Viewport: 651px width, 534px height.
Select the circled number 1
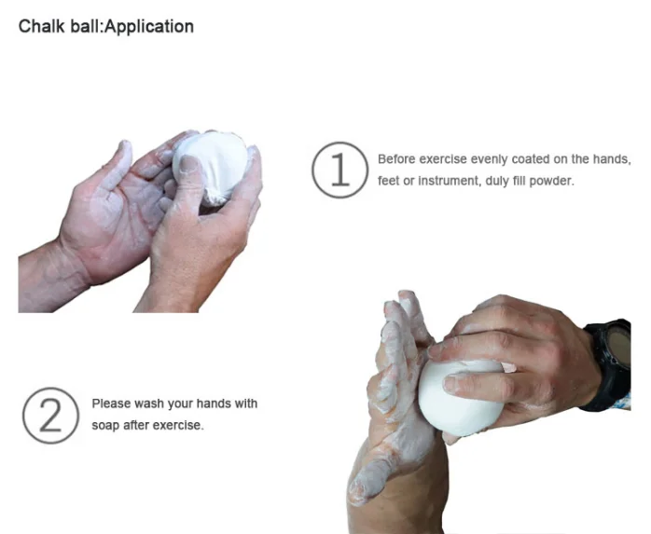click(x=340, y=170)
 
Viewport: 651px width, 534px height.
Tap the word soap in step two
click(x=105, y=426)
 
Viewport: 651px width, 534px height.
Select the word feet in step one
click(x=388, y=180)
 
